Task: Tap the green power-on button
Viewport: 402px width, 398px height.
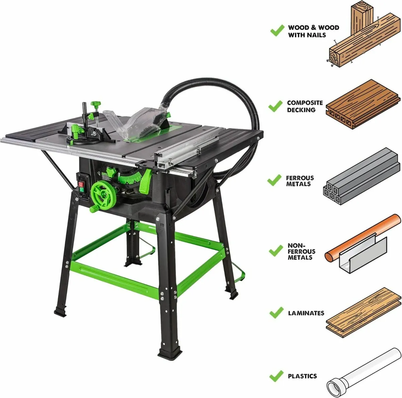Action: tap(81, 190)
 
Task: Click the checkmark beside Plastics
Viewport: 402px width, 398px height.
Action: tap(277, 376)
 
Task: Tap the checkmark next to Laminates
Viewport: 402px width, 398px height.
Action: tap(277, 313)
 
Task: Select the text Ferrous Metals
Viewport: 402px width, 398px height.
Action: tap(300, 181)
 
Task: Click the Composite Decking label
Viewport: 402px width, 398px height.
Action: tap(305, 106)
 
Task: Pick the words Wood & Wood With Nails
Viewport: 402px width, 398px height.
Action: tap(313, 31)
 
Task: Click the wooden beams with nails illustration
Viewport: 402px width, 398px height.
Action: tap(362, 37)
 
